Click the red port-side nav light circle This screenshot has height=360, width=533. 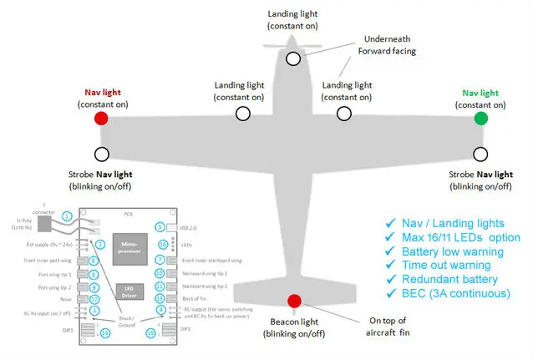(101, 119)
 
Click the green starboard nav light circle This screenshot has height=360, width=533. (480, 119)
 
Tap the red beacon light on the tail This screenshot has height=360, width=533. (293, 302)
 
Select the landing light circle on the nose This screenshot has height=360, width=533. (293, 58)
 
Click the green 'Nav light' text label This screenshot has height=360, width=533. (480, 93)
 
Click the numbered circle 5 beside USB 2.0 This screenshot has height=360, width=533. (160, 227)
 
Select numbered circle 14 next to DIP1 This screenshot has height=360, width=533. (104, 333)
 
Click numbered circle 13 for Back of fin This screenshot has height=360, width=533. (160, 298)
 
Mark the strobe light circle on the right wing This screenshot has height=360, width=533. (480, 154)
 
